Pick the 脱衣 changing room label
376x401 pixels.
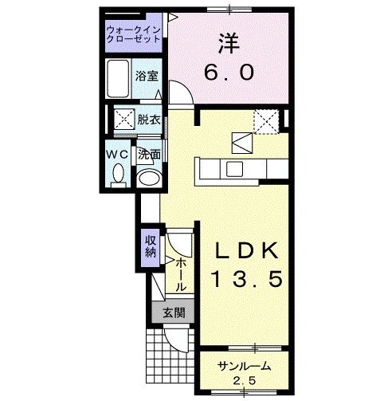(x=148, y=120)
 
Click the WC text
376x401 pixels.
(x=118, y=153)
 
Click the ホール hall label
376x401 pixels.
(x=181, y=273)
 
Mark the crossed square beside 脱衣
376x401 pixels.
(x=123, y=121)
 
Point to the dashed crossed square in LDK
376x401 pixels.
(x=265, y=121)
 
